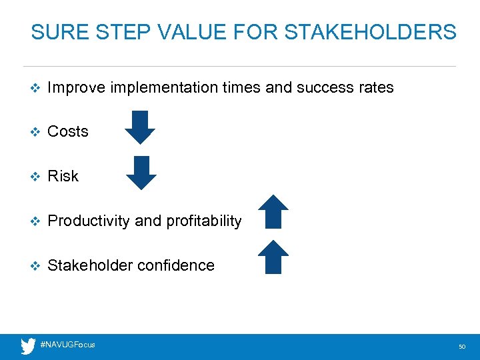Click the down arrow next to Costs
[x=140, y=127]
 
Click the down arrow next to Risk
[x=141, y=173]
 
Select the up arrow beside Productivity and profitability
[x=273, y=212]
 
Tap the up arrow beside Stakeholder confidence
[x=273, y=257]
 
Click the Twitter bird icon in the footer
[x=28, y=346]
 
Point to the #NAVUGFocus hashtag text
[x=67, y=345]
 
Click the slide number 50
[x=462, y=347]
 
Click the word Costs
[x=68, y=131]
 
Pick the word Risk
[x=63, y=176]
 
